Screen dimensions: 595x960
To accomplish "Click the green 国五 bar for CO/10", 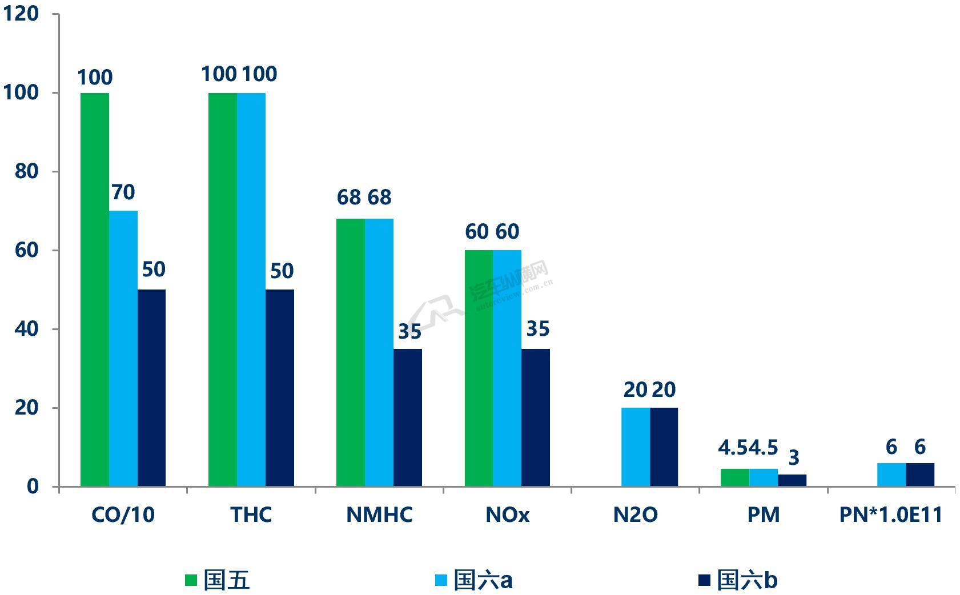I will click(94, 290).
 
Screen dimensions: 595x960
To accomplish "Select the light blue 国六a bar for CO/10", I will click(123, 348).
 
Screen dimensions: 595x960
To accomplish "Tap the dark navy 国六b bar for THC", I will click(279, 388).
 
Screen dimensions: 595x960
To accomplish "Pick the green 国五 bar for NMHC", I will click(350, 352).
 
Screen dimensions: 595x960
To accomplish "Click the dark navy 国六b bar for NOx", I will click(536, 417).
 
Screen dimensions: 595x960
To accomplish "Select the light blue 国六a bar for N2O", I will click(635, 447).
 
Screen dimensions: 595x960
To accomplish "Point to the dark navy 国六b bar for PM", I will click(792, 480).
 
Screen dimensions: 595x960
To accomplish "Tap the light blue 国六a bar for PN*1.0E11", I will click(891, 475).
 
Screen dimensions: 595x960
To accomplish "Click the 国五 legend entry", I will click(217, 581).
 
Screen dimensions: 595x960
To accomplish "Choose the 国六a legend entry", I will click(473, 581).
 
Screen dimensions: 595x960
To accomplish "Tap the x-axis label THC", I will click(251, 515).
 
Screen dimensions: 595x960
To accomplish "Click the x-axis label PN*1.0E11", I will click(890, 515).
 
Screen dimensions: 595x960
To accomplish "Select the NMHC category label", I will click(379, 515).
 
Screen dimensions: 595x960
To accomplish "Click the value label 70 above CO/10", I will click(123, 192).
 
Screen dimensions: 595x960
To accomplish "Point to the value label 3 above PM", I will click(793, 457).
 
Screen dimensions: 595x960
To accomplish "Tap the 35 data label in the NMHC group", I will click(409, 331).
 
